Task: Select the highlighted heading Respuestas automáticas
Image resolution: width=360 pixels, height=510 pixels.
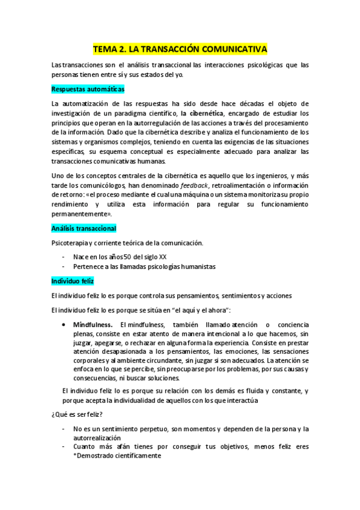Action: pyautogui.click(x=88, y=89)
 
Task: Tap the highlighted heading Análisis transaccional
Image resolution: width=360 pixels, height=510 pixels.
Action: pyautogui.click(x=84, y=229)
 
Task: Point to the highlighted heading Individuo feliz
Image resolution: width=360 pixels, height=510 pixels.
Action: pyautogui.click(x=72, y=281)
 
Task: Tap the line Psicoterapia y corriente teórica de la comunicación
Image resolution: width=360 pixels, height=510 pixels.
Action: pyautogui.click(x=127, y=243)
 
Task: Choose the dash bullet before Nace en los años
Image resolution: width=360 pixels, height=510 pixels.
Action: pyautogui.click(x=64, y=256)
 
